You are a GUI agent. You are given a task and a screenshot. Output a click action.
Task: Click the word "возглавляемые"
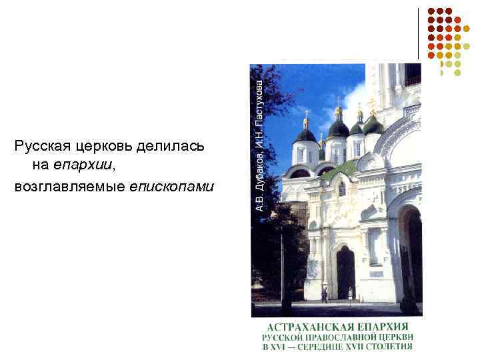pos(63,186)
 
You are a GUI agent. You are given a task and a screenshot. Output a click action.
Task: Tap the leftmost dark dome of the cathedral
pos(306,135)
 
